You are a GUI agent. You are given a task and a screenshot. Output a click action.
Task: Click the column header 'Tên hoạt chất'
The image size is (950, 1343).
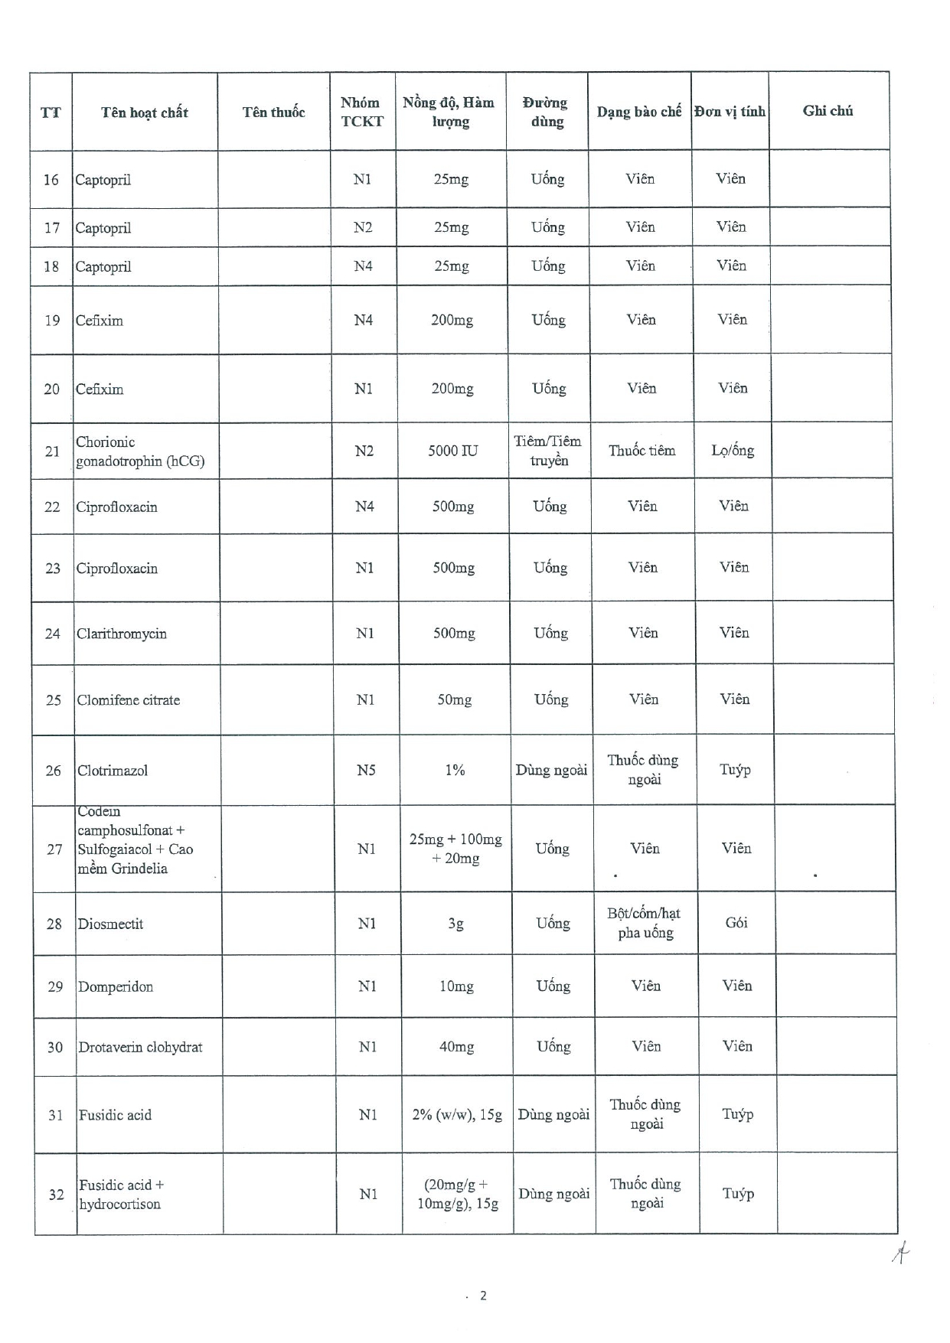(145, 112)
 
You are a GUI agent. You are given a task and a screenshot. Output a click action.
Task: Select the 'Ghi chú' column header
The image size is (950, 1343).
(828, 111)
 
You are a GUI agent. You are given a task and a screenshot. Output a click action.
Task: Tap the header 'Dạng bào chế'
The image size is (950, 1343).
(639, 112)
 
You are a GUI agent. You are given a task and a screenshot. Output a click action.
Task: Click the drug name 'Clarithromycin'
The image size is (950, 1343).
(122, 634)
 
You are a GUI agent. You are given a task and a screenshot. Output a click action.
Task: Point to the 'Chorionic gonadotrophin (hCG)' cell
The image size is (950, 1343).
(140, 451)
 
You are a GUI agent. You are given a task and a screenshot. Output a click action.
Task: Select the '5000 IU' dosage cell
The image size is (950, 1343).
(452, 451)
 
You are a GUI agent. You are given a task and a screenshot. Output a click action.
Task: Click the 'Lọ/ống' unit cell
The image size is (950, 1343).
(733, 450)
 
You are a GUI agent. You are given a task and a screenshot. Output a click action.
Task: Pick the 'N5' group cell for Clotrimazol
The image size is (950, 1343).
(366, 770)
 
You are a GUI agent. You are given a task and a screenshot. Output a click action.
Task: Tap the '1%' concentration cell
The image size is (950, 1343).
(455, 770)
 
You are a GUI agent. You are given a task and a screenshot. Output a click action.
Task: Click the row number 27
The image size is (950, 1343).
(54, 849)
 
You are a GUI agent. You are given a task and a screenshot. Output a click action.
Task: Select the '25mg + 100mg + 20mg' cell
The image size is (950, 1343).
(455, 849)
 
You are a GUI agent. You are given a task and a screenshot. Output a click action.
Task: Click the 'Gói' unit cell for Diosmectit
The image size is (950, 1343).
(736, 923)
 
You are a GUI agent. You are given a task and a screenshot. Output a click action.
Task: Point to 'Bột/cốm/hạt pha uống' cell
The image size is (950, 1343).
(645, 923)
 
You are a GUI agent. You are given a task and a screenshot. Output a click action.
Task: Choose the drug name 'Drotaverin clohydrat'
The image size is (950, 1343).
(140, 1047)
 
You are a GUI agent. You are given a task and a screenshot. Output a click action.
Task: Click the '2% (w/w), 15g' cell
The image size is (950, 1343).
(457, 1115)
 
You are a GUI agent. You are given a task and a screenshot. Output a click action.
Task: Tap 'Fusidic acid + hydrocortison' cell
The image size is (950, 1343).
(121, 1195)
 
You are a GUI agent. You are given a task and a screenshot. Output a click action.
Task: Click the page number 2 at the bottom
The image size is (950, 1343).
(483, 1296)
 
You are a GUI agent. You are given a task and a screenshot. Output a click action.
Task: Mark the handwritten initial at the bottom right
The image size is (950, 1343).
(901, 1253)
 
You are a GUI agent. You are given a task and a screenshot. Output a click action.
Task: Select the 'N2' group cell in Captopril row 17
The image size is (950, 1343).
(363, 227)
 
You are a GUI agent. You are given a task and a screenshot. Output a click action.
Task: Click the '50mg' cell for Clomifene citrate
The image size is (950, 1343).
(455, 699)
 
